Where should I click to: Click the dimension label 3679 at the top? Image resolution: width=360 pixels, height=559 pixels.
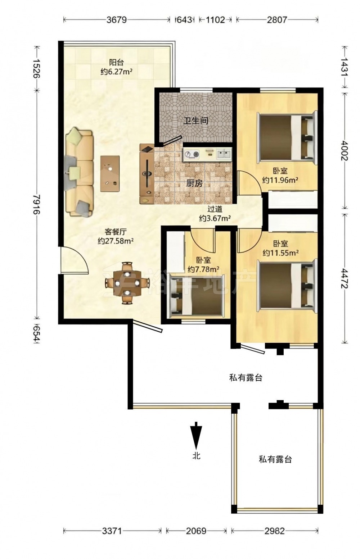click(x=117, y=20)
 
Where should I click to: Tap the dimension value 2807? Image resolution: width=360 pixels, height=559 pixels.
click(x=277, y=20)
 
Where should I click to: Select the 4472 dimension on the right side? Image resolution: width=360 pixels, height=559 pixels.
click(x=345, y=278)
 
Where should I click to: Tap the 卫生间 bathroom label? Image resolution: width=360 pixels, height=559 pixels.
click(x=195, y=121)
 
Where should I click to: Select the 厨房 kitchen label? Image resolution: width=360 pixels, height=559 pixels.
click(x=194, y=183)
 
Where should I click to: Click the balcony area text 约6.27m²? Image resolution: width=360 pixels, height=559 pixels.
click(x=116, y=72)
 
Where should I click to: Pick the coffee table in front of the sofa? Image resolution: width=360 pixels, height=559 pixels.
click(x=110, y=174)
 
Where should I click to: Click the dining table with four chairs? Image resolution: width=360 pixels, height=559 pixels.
click(x=127, y=283)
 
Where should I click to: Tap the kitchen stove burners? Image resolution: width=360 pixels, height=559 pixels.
click(x=192, y=155)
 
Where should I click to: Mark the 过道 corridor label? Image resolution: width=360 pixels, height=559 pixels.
click(x=215, y=209)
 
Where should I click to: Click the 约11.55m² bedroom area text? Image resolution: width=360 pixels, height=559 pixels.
click(x=281, y=253)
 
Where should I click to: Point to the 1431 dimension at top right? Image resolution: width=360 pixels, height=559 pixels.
click(x=345, y=67)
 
